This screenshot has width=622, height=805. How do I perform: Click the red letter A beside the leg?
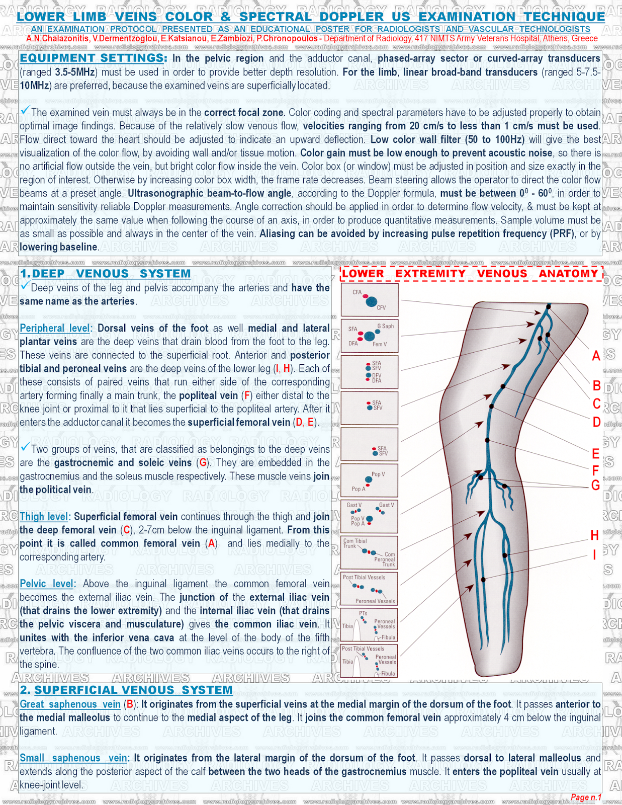pyautogui.click(x=596, y=356)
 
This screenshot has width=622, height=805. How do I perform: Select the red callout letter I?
pyautogui.click(x=594, y=555)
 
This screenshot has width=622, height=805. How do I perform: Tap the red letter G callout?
pyautogui.click(x=596, y=486)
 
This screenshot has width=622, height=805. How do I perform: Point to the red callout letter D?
pyautogui.click(x=596, y=422)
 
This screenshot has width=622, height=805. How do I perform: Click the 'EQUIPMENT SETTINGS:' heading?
pyautogui.click(x=94, y=58)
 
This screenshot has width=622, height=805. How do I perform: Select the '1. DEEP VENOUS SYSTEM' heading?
pyautogui.click(x=105, y=274)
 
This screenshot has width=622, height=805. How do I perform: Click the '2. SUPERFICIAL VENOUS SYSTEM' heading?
pyautogui.click(x=126, y=690)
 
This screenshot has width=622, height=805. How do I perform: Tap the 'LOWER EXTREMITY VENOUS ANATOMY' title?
pyautogui.click(x=471, y=274)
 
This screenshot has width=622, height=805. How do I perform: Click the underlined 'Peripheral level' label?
pyautogui.click(x=55, y=329)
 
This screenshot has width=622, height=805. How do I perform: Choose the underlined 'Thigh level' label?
pyautogui.click(x=44, y=517)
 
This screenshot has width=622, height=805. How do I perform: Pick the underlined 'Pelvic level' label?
pyautogui.click(x=47, y=584)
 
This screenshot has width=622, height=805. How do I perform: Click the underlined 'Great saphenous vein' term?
pyautogui.click(x=70, y=704)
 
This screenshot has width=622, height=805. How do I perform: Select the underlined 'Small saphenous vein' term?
pyautogui.click(x=74, y=758)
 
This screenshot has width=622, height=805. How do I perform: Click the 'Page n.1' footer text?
pyautogui.click(x=586, y=797)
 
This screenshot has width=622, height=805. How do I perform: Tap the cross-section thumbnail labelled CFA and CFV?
pyautogui.click(x=370, y=300)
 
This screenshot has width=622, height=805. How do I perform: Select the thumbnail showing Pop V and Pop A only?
pyautogui.click(x=370, y=481)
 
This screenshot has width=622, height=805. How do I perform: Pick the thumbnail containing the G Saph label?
pyautogui.click(x=370, y=336)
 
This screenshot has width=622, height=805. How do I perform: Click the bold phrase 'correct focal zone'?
pyautogui.click(x=243, y=113)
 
